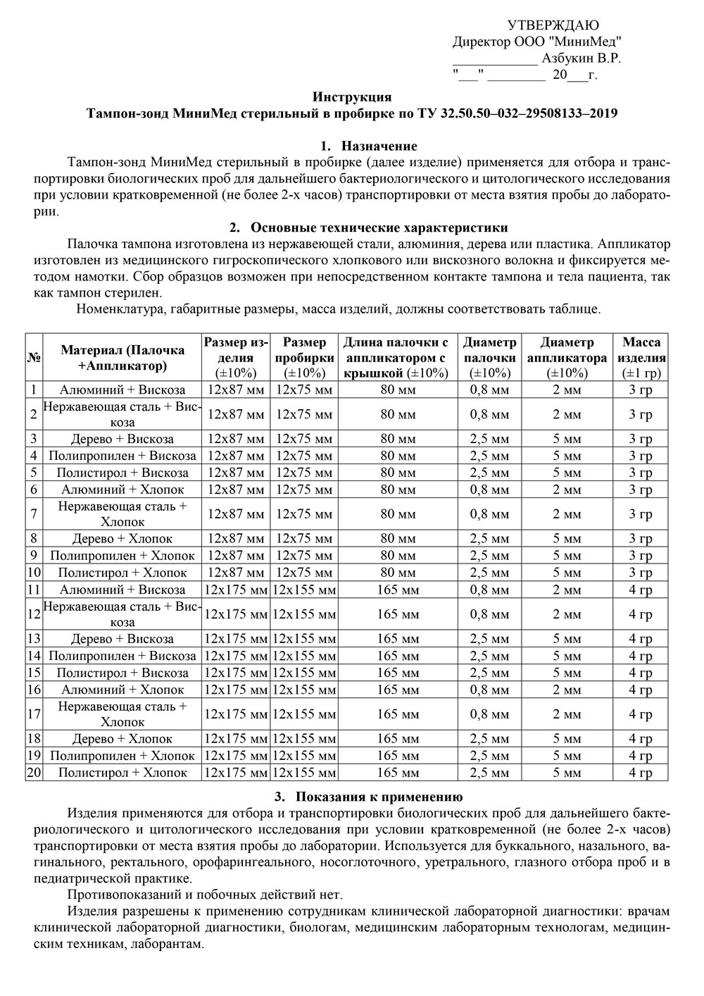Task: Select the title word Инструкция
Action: coord(351,97)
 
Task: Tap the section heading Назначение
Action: coord(379,147)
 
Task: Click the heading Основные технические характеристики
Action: coord(379,228)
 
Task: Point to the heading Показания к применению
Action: coord(378,797)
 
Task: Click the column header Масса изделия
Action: coord(641,357)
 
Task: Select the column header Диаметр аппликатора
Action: coord(566,357)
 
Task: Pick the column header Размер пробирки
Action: coord(304,357)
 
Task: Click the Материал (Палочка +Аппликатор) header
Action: coord(122,357)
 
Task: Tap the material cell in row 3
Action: coord(122,439)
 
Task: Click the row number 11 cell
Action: coord(34,590)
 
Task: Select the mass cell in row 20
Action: coord(641,773)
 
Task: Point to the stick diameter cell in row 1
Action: coord(489,390)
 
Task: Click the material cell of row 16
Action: coord(122,690)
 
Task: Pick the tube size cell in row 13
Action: coord(304,639)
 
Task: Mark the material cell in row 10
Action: coord(122,573)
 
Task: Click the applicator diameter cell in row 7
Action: coord(566,514)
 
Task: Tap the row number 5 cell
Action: coord(34,473)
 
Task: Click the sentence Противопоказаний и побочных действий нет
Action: coord(205,895)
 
